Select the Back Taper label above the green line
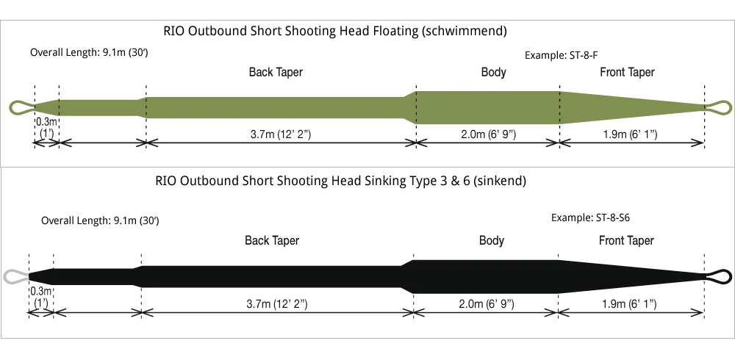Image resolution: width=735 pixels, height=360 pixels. (x=276, y=72)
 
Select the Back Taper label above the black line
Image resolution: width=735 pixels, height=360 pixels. (x=272, y=240)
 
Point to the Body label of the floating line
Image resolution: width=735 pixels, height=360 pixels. (x=493, y=72)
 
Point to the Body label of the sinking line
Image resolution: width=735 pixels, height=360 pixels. (x=492, y=240)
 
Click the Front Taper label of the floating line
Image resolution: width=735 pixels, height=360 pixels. (x=627, y=72)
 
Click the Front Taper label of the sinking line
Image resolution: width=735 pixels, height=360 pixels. (x=626, y=240)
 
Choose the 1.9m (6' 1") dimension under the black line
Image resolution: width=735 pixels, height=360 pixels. (x=629, y=303)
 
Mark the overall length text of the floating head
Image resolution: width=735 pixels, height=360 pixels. (x=90, y=53)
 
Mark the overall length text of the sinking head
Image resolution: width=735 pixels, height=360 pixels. (x=100, y=220)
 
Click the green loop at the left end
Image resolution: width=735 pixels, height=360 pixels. (x=21, y=108)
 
